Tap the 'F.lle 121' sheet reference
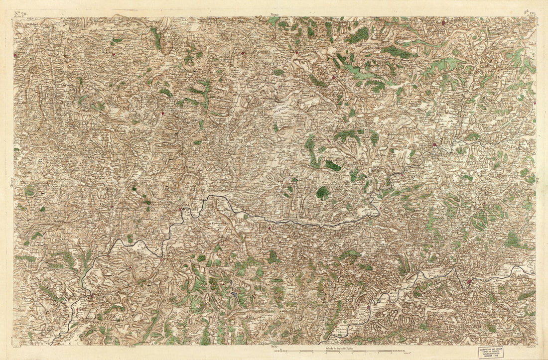pyautogui.click(x=529, y=13)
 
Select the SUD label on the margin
pyautogui.click(x=274, y=346)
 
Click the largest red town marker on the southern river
pyautogui.click(x=469, y=282)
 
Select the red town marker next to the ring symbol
pyautogui.click(x=435, y=145)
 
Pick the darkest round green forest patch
pyautogui.click(x=323, y=193)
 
